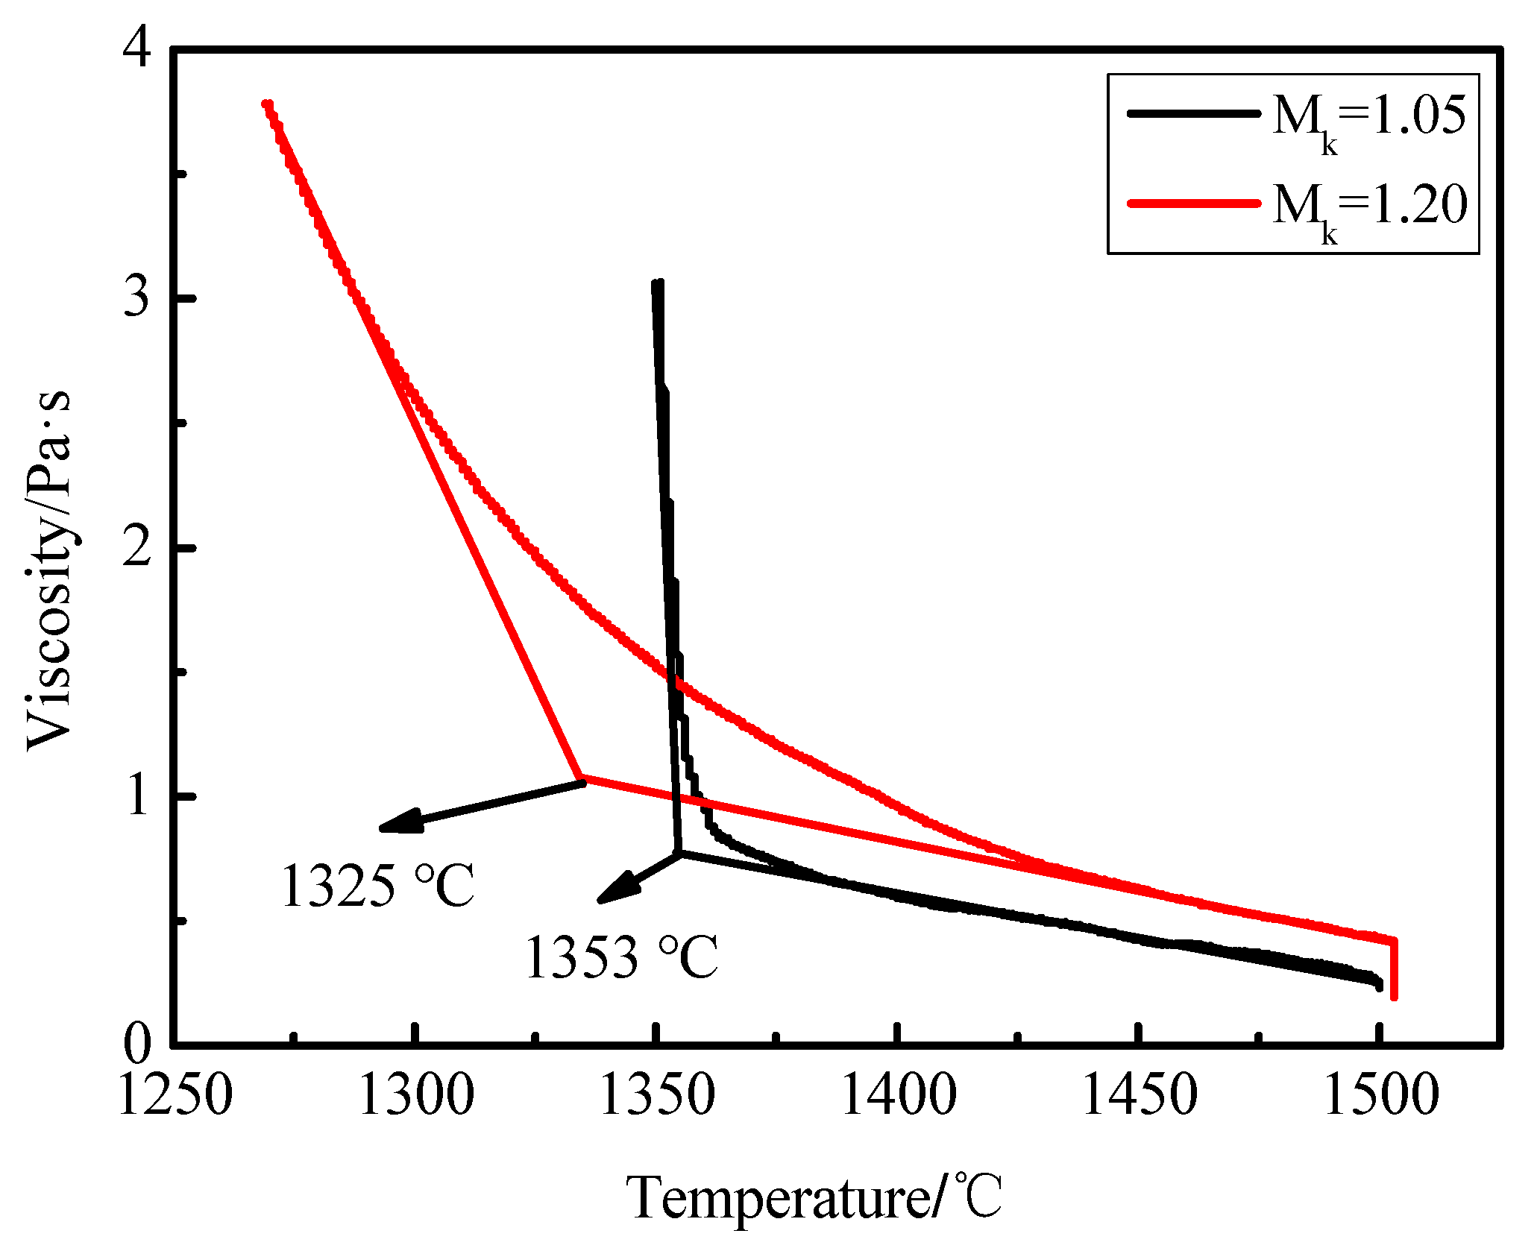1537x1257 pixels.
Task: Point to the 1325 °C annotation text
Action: click(377, 886)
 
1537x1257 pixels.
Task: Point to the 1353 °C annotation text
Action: click(621, 957)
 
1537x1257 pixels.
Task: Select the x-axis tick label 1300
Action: click(416, 1095)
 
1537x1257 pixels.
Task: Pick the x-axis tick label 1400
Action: click(899, 1095)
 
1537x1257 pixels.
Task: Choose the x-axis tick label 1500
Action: click(1380, 1095)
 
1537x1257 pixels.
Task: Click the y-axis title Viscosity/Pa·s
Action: click(49, 570)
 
